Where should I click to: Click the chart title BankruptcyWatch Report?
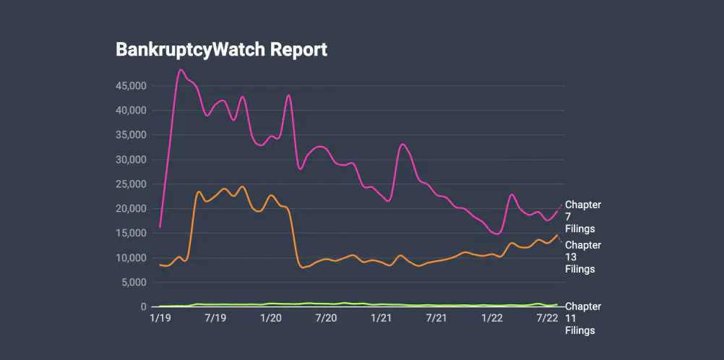(221, 49)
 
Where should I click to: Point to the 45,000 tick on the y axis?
(132, 86)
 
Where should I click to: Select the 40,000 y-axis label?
(132, 111)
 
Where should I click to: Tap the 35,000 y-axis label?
(132, 135)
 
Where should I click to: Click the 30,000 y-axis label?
(132, 160)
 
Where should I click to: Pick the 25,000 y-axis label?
(132, 184)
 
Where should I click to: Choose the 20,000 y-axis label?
(132, 209)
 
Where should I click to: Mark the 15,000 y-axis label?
(132, 233)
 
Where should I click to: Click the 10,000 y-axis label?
(132, 258)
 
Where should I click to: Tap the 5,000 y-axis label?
(134, 283)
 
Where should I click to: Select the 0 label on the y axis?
(144, 307)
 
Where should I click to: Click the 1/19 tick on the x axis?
(160, 317)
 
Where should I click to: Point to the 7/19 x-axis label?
(215, 317)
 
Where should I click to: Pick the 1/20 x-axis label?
(270, 317)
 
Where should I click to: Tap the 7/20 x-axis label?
(326, 317)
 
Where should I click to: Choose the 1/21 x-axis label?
(381, 317)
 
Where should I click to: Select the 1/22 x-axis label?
(492, 317)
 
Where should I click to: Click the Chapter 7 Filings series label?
(582, 217)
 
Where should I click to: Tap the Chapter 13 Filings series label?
(582, 257)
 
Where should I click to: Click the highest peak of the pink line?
(181, 70)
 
